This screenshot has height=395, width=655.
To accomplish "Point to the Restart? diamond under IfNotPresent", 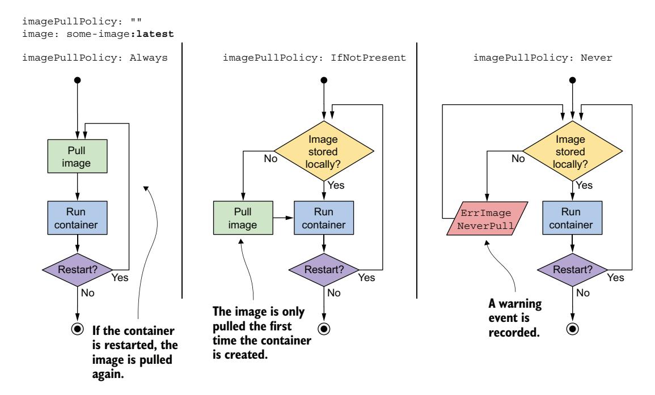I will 323,269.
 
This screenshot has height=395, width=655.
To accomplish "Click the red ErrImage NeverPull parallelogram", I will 485,218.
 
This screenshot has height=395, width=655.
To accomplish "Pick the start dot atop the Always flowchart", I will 77,79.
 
